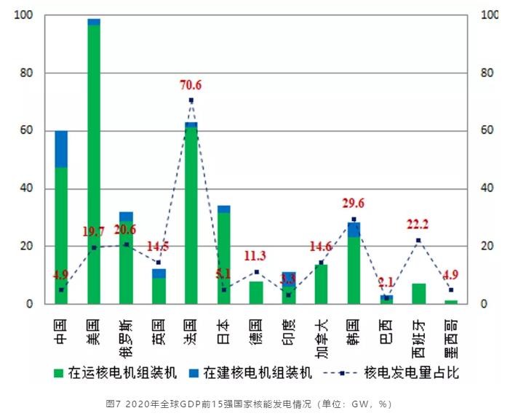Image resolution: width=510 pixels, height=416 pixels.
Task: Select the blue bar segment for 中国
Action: tap(61, 149)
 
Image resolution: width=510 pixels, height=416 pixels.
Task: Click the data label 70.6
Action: tap(191, 86)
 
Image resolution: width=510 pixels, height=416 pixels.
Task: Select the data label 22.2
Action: tap(418, 224)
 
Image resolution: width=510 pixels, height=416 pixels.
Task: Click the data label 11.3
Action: tap(255, 255)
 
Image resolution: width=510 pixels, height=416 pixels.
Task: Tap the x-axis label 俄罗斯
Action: tap(127, 332)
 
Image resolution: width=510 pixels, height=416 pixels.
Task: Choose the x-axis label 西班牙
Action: tap(418, 332)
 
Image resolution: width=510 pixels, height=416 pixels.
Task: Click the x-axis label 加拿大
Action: tap(321, 332)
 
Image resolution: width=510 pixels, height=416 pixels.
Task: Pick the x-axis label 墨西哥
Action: tap(450, 332)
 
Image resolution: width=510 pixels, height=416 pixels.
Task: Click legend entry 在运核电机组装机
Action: tap(116, 373)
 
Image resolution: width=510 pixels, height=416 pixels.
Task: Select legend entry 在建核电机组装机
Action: tap(250, 373)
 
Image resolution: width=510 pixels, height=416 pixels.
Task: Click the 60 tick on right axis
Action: tap(487, 131)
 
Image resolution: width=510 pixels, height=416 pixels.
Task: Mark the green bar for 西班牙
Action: tap(418, 294)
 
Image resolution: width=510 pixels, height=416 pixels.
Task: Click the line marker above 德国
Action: tap(255, 272)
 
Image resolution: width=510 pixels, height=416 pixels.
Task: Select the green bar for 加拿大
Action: tap(321, 284)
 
